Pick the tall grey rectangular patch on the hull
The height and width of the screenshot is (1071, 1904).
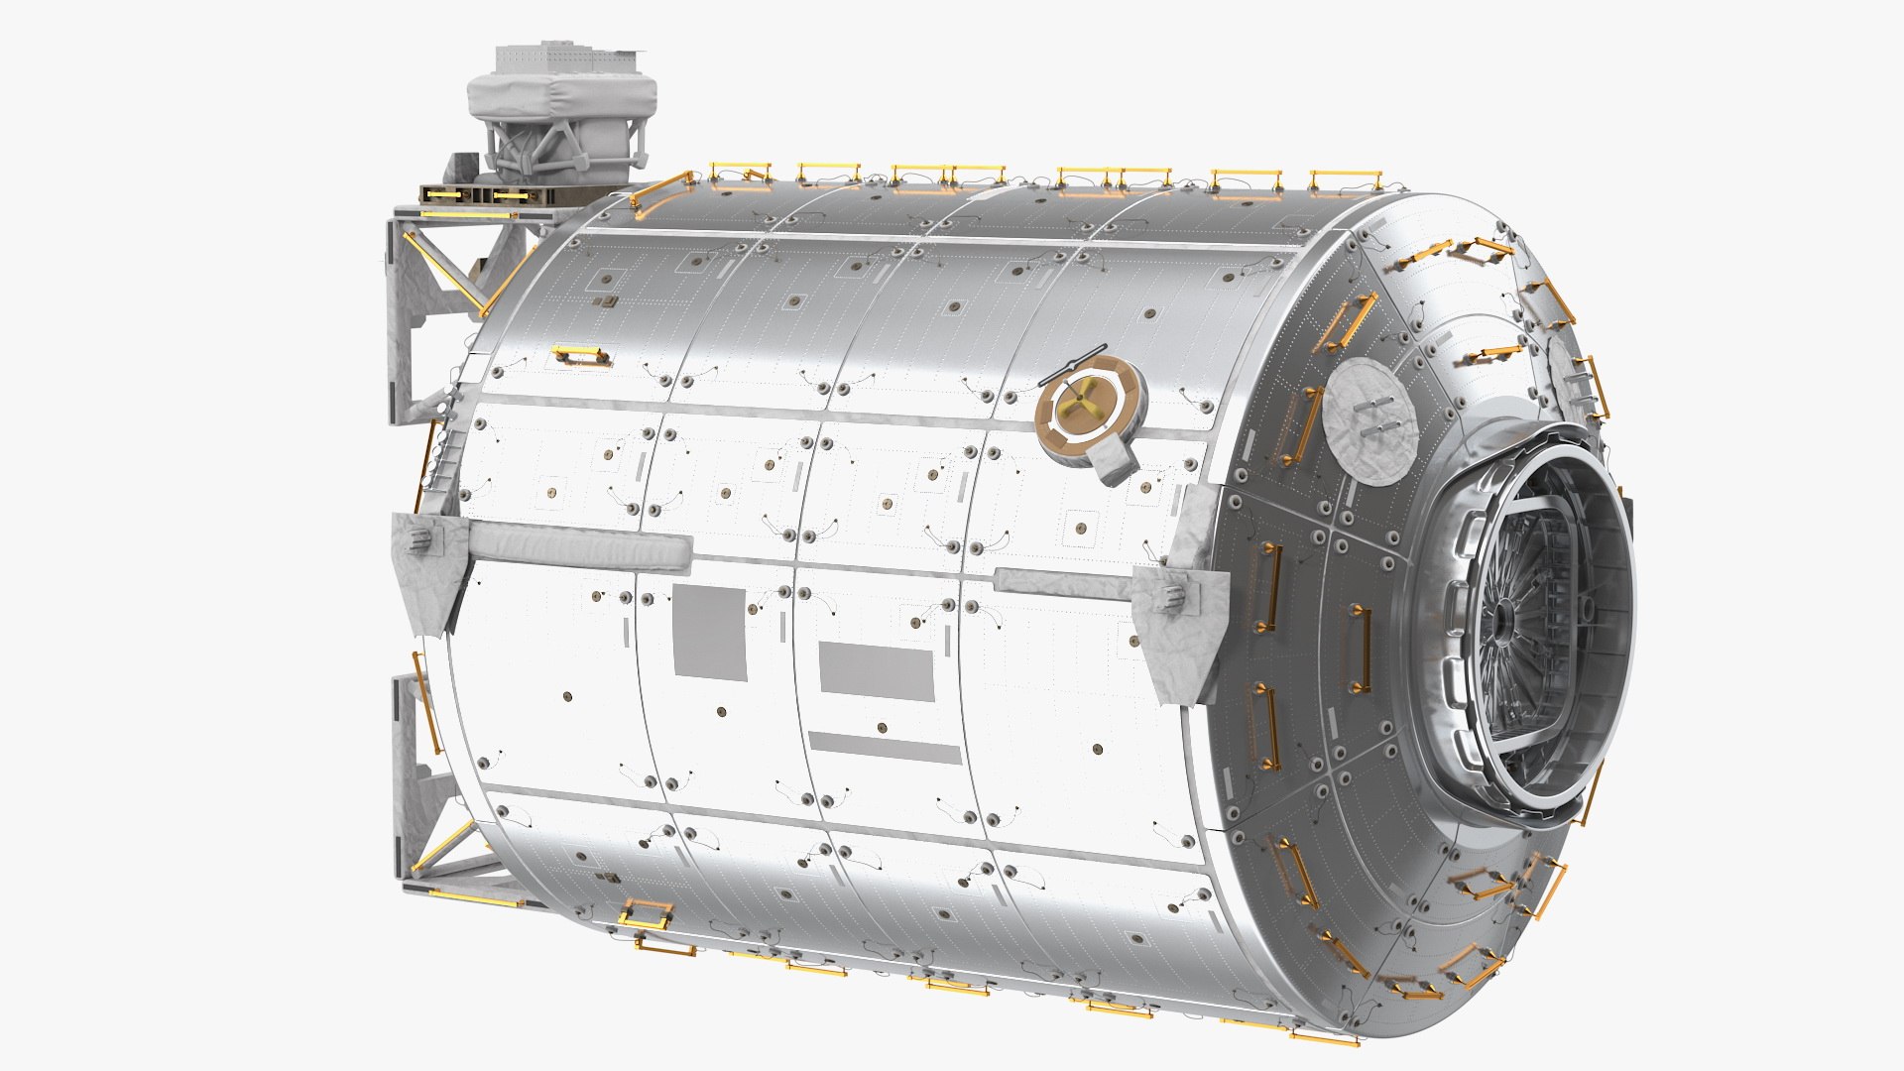tap(709, 633)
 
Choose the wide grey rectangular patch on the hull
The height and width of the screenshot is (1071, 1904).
tap(876, 672)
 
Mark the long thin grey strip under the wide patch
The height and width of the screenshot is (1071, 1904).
tap(885, 747)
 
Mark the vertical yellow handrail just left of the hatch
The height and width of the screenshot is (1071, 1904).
tap(1360, 650)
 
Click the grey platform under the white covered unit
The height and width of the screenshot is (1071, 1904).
tap(486, 195)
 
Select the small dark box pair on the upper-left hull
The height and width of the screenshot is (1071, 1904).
tap(605, 300)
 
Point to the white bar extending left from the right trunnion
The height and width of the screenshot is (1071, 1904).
tap(1061, 584)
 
